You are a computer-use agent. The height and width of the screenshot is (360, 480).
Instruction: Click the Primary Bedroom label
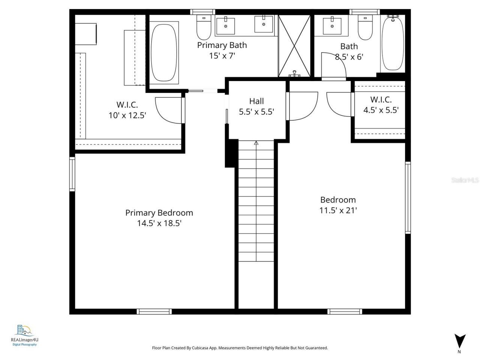tap(159, 213)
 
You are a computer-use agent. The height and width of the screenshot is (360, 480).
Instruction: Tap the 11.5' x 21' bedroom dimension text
tap(337, 210)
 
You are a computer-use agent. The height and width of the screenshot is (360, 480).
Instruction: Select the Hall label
tap(256, 101)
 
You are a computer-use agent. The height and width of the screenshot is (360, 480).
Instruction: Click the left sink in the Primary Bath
tap(226, 25)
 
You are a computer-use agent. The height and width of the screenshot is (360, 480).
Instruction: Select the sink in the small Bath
tap(333, 25)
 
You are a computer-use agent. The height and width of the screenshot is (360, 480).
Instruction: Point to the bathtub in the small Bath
tap(393, 43)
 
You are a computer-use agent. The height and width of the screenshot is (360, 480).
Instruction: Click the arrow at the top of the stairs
tap(256, 143)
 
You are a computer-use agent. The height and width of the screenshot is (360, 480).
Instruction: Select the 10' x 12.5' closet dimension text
tap(127, 115)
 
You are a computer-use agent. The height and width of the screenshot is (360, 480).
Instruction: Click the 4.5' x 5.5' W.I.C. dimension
tap(381, 110)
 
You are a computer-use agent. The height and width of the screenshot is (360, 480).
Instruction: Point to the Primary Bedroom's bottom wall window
tap(154, 311)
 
